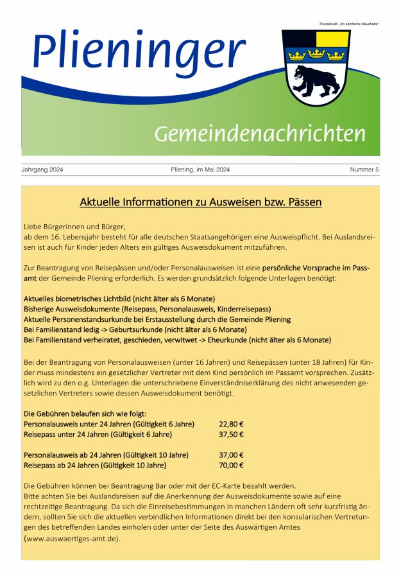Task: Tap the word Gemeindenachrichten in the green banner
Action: tap(260, 134)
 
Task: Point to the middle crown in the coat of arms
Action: tap(315, 55)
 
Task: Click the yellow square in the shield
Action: tap(332, 39)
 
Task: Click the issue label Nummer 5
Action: tap(364, 170)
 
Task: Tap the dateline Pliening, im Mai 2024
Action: tap(200, 170)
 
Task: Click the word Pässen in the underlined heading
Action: tap(301, 202)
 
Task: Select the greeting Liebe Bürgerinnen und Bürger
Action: tap(73, 227)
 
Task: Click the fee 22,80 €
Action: tap(231, 424)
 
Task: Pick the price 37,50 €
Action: tap(231, 434)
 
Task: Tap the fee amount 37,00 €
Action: tap(231, 455)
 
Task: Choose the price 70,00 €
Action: tap(231, 465)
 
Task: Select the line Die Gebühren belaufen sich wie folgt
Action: tap(85, 414)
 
